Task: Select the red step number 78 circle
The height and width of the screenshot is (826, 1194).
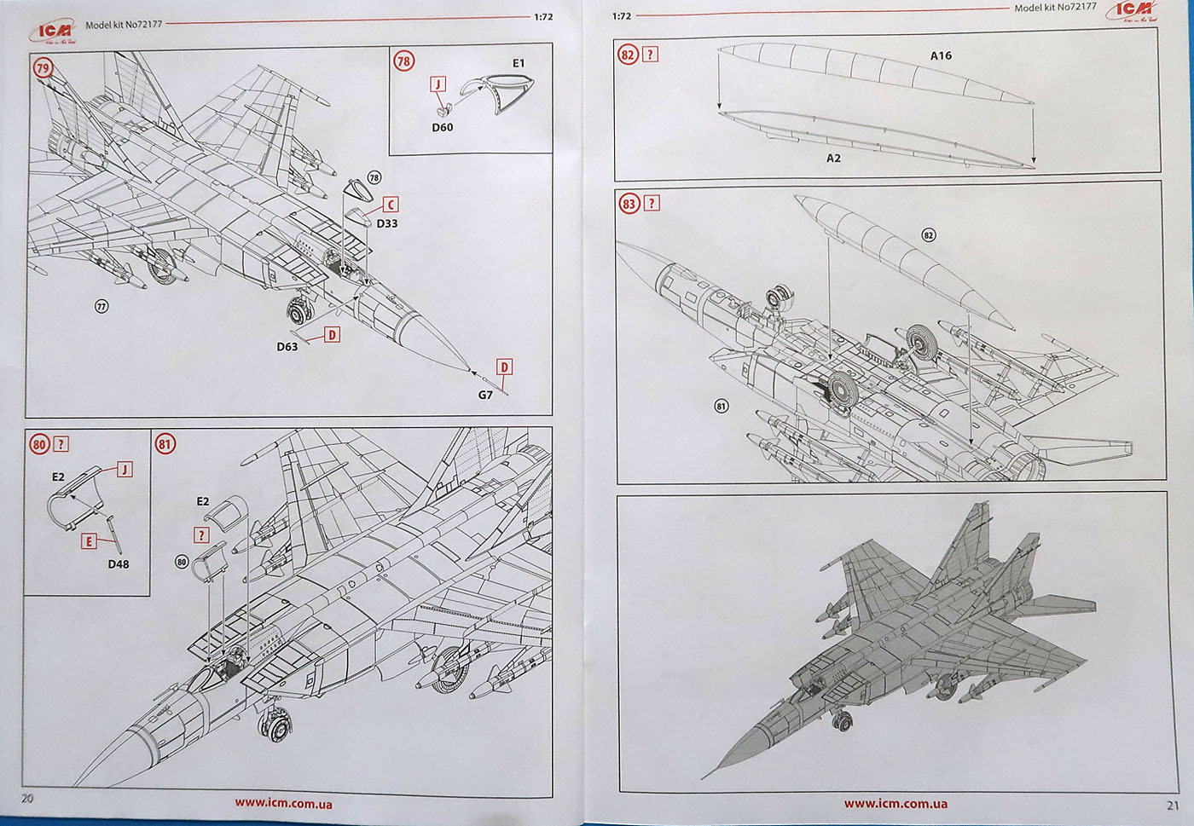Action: click(x=403, y=61)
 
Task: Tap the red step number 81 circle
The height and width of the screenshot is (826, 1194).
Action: click(x=165, y=443)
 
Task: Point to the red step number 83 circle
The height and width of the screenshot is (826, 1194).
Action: click(x=629, y=204)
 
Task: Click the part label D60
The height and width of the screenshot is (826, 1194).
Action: click(x=442, y=127)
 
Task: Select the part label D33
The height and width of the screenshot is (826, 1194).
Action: click(x=386, y=223)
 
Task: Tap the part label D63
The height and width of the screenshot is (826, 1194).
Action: click(x=287, y=347)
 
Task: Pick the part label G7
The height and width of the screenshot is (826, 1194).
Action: click(x=485, y=395)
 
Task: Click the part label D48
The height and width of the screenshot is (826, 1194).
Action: click(x=119, y=563)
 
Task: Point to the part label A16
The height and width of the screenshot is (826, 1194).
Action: click(x=940, y=55)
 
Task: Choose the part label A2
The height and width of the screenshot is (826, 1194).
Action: click(x=833, y=159)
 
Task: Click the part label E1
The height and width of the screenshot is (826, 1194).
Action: click(x=519, y=63)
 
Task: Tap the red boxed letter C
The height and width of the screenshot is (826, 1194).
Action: click(x=390, y=205)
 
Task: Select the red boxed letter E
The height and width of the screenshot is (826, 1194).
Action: click(x=89, y=541)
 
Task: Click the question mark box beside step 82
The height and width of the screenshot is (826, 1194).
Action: click(x=651, y=55)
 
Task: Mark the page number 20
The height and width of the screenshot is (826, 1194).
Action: click(x=27, y=798)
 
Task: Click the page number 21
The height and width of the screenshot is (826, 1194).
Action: click(x=1173, y=804)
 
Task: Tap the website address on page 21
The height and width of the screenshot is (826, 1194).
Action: click(x=895, y=803)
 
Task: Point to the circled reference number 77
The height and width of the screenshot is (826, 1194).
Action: click(x=101, y=306)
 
